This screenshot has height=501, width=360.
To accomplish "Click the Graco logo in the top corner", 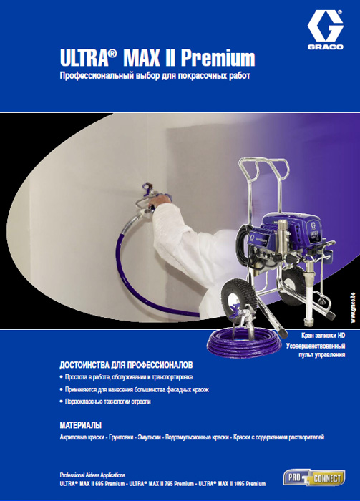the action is pos(326,30).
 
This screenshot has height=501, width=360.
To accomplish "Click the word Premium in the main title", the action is pos(218,58).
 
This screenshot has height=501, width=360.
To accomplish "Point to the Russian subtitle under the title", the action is pos(155,76).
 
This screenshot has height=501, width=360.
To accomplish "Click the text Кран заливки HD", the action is pos(323,336).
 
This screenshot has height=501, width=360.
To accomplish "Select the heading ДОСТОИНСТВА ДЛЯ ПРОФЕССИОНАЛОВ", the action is pos(126,365).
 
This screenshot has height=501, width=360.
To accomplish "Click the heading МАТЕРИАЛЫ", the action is pos(80,425).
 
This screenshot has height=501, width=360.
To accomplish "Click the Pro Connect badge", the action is pos(314,477).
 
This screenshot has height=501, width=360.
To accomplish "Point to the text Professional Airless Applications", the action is pos(92,475).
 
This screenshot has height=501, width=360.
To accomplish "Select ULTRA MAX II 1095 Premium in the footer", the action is pos(232,484).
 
